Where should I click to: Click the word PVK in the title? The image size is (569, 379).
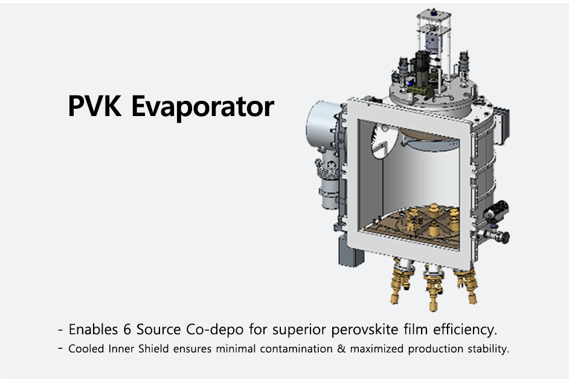pyautogui.click(x=95, y=106)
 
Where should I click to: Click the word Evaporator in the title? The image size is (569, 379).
pyautogui.click(x=202, y=107)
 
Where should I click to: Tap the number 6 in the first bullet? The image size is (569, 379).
pyautogui.click(x=127, y=329)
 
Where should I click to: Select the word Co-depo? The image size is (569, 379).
pyautogui.click(x=215, y=329)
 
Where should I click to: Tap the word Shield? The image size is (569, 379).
pyautogui.click(x=153, y=349)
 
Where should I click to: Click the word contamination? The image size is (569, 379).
pyautogui.click(x=296, y=349)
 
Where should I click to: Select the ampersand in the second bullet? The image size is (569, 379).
pyautogui.click(x=341, y=349)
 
